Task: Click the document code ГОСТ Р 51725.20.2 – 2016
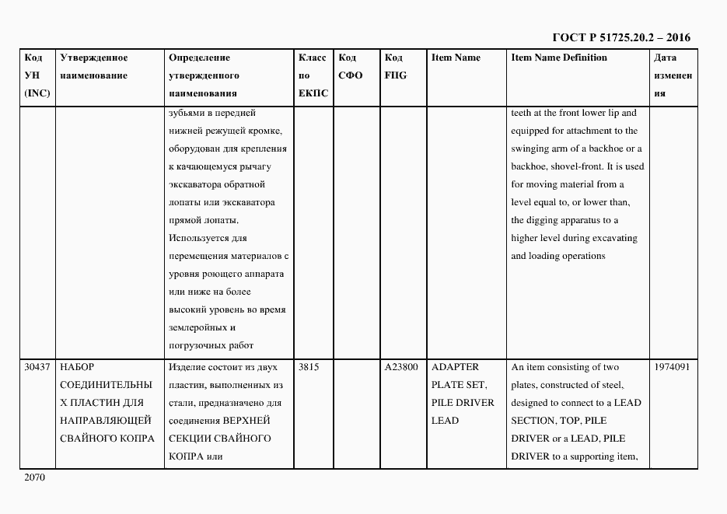click(x=620, y=37)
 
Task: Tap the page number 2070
click(x=36, y=478)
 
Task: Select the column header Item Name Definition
click(x=559, y=58)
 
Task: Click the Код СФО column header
click(x=351, y=67)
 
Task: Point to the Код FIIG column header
click(x=395, y=67)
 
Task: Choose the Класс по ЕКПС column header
click(x=313, y=75)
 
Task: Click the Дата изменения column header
click(x=673, y=75)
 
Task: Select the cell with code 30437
click(x=38, y=367)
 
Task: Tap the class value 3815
click(x=309, y=367)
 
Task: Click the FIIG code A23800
click(x=401, y=367)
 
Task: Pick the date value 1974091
click(x=673, y=367)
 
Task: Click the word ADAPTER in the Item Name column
click(x=456, y=367)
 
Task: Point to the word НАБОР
click(x=76, y=367)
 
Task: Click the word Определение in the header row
click(x=199, y=58)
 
